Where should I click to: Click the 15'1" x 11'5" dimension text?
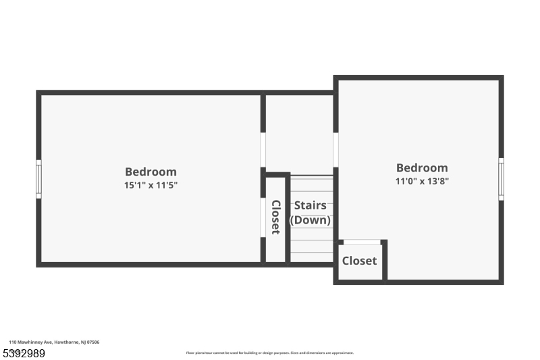click(151, 184)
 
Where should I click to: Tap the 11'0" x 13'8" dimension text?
click(422, 181)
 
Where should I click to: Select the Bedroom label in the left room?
click(151, 172)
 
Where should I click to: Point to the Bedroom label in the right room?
click(422, 168)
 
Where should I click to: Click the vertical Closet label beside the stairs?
click(275, 217)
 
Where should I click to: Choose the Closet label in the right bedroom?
click(359, 261)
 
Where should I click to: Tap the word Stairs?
click(310, 205)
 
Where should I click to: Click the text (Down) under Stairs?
click(310, 220)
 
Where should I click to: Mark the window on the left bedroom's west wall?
click(38, 179)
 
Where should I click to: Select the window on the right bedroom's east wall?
click(501, 179)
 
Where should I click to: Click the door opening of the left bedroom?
click(263, 150)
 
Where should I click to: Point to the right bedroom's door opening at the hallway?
click(335, 149)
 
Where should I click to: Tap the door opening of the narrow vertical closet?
click(263, 217)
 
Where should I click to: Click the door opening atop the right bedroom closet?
click(362, 242)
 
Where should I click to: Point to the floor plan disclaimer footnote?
click(269, 353)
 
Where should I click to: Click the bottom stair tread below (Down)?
click(311, 257)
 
